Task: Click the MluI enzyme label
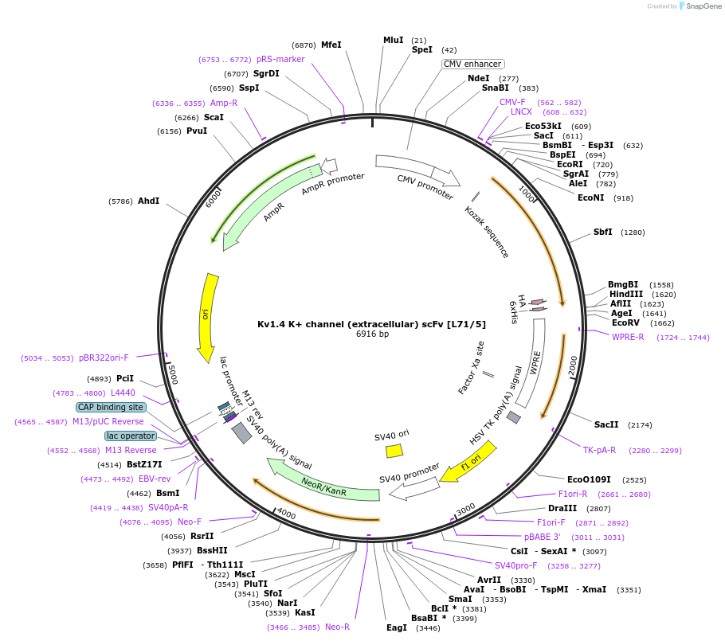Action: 394,40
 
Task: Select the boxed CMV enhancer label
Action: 472,64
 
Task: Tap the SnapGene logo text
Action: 704,6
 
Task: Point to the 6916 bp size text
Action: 372,334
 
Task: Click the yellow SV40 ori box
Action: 394,451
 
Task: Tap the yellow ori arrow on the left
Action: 208,317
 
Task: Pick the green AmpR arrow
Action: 271,206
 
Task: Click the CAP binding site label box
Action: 111,407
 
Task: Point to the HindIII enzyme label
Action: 626,294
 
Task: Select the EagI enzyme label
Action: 397,627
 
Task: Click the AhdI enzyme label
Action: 148,201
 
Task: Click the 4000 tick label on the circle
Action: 285,514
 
